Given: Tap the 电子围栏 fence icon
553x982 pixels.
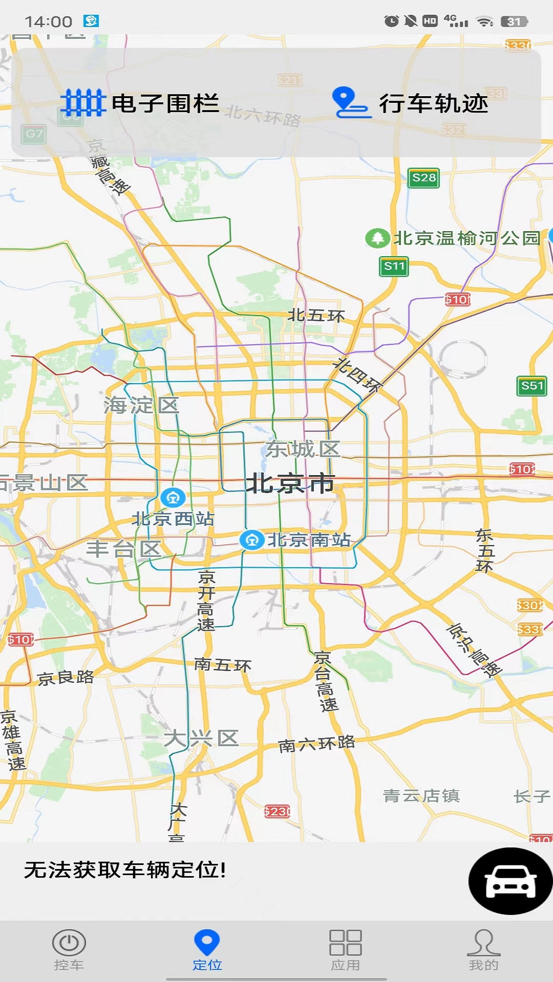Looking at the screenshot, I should tap(83, 103).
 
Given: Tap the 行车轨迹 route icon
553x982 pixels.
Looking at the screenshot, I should tap(351, 103).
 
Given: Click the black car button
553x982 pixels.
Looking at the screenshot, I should tap(510, 881).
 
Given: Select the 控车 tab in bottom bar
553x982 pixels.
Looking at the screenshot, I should tap(69, 950).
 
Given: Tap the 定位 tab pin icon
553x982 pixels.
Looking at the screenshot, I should tap(207, 942).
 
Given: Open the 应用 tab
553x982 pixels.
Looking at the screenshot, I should tap(346, 950).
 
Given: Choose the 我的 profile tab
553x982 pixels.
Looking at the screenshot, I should tap(483, 950).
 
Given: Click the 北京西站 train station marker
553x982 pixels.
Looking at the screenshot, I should tap(173, 497).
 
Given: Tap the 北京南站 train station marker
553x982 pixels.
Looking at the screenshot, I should tap(252, 540).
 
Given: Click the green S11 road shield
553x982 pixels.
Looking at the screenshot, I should tap(394, 266).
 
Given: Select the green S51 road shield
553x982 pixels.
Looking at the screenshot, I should tap(532, 386).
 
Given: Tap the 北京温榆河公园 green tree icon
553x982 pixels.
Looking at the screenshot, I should tap(377, 238).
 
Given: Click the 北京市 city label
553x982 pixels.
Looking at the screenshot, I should tap(290, 483).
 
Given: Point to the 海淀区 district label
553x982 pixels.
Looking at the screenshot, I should tap(141, 406).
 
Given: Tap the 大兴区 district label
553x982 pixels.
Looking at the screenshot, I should tap(201, 739).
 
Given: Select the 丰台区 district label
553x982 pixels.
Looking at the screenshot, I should tap(124, 549).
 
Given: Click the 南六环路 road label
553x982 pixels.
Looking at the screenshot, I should tap(316, 744).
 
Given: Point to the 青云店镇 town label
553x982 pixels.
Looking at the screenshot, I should tap(421, 796).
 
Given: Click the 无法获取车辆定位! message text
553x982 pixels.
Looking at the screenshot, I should tap(125, 869).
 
